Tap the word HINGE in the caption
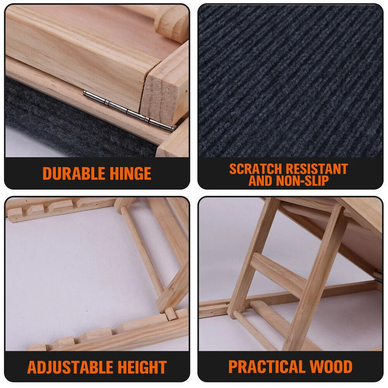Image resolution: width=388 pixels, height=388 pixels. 129,173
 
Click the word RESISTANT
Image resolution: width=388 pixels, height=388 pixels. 317,169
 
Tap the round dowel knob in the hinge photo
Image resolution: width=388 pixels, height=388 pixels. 171,19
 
